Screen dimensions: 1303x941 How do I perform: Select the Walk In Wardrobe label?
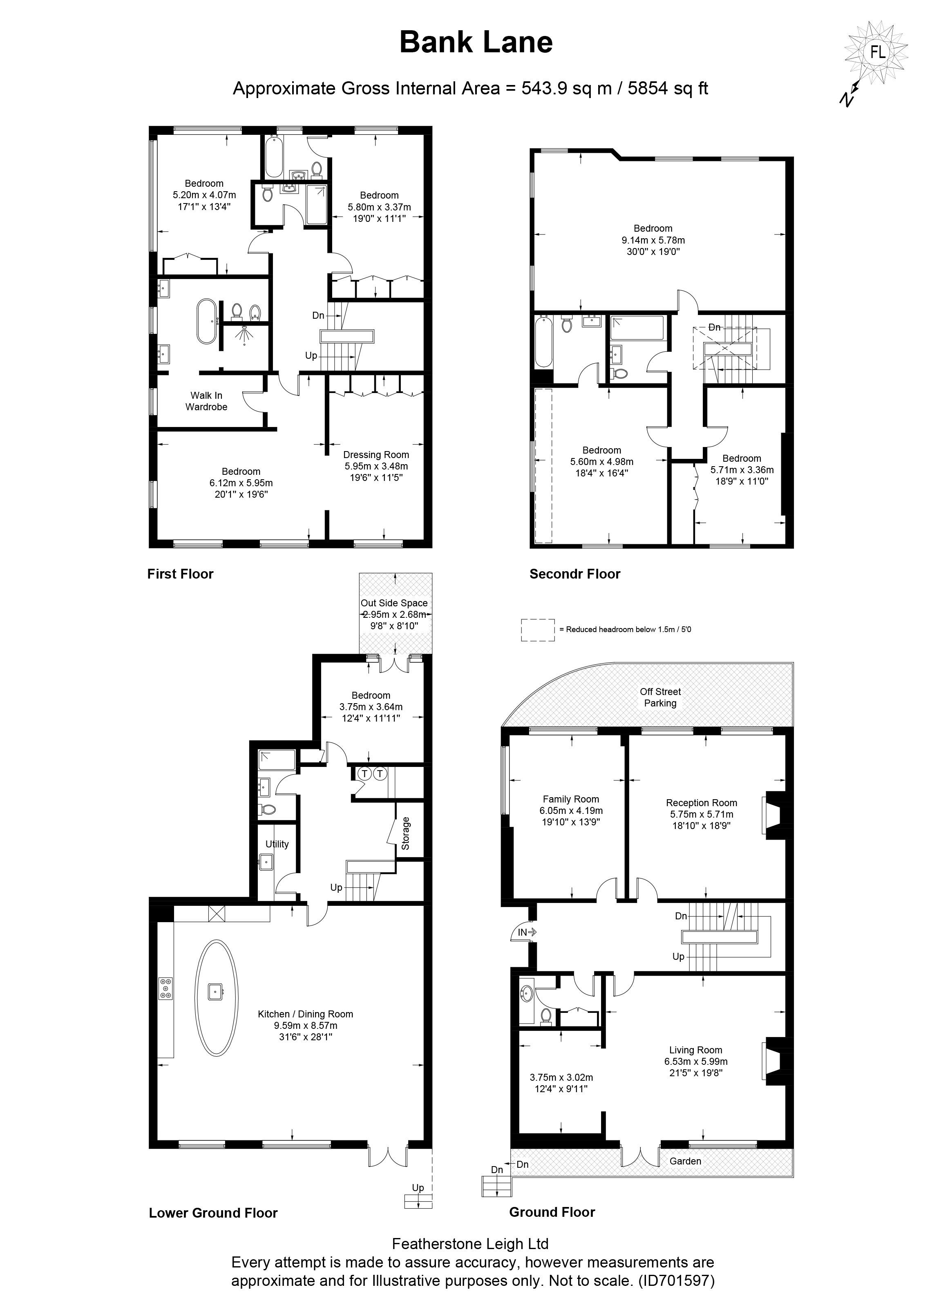206,401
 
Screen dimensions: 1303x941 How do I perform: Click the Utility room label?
277,844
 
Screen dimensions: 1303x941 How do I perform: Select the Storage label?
406,834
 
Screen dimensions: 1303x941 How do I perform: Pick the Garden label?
685,1161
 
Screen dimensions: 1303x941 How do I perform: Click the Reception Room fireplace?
773,815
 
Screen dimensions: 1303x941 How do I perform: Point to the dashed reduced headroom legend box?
538,630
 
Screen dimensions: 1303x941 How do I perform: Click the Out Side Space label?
394,603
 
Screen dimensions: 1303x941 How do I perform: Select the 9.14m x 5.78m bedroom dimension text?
653,240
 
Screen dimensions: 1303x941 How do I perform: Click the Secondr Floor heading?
574,574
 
